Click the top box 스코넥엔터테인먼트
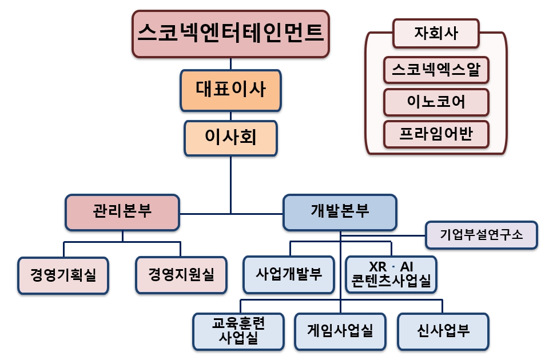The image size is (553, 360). click(230, 34)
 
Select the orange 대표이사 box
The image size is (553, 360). click(230, 90)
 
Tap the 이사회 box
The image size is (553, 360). click(230, 138)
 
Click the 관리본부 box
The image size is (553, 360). click(122, 213)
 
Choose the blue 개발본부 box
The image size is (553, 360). click(340, 213)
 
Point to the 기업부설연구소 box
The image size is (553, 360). click(482, 235)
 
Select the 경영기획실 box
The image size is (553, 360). click(63, 275)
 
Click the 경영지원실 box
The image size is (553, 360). click(181, 275)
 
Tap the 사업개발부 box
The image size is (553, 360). click(289, 275)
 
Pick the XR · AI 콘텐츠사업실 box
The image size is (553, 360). click(392, 275)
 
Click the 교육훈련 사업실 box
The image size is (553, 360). click(238, 331)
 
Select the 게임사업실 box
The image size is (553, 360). click(340, 331)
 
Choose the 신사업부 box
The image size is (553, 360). click(443, 331)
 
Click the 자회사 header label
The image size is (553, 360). click(436, 33)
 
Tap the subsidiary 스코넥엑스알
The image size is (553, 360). click(436, 70)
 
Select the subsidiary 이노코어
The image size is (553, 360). click(436, 102)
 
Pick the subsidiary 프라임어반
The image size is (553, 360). click(436, 135)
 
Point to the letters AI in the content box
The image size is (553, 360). click(407, 267)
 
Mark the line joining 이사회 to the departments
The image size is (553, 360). click(230, 183)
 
